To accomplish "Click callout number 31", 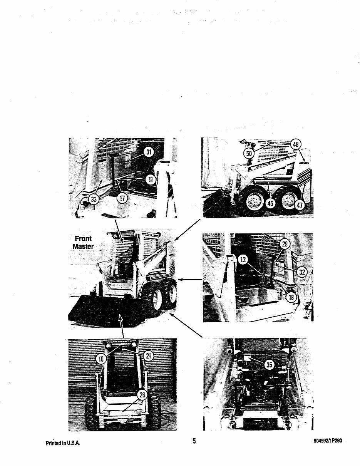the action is [149, 152].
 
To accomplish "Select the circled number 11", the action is [151, 179].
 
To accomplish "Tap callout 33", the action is [94, 199].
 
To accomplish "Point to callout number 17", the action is [122, 198].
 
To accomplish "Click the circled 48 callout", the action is [296, 144].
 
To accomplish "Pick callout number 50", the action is [249, 153].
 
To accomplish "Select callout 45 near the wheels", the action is [270, 203].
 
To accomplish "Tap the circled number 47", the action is [300, 205].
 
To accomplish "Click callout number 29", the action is [285, 244].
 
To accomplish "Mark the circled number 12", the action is [243, 260].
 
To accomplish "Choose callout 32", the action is [302, 272].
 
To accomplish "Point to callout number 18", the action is [291, 297].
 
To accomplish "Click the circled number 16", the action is [101, 359].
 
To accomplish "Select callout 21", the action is [148, 356].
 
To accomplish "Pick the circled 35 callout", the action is [269, 365].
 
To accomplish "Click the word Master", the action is [83, 246].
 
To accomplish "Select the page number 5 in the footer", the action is [194, 441].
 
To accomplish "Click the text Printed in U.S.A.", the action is [63, 443].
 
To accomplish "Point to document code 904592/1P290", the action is [328, 441].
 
